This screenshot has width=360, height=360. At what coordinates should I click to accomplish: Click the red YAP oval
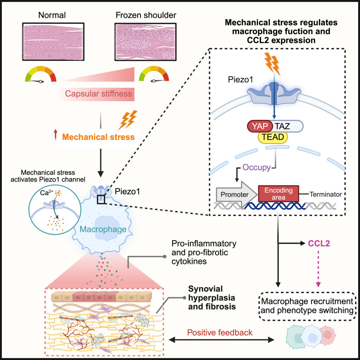coord(260,126)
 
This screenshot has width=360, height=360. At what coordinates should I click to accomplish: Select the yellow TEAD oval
coord(273,137)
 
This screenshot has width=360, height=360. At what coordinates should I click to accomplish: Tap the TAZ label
coord(282,126)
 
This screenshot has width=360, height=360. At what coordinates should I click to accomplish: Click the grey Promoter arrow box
coord(236,195)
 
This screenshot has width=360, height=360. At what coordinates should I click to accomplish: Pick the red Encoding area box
coord(279,194)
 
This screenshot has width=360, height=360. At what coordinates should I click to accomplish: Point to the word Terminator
coord(326,194)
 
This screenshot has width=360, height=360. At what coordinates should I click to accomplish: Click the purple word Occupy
coord(257,167)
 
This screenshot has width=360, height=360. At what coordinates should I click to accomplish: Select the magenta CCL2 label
coord(319,243)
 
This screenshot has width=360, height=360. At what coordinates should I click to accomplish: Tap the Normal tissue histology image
coord(53,42)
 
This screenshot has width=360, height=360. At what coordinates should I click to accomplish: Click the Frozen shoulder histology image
coord(145,42)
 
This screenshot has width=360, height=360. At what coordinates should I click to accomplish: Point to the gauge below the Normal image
coord(41,74)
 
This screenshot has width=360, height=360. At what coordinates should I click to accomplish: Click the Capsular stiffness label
coord(98,94)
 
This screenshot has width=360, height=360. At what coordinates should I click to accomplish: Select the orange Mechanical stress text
coord(98,137)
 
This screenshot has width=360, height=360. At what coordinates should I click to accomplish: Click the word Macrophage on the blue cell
coord(103,229)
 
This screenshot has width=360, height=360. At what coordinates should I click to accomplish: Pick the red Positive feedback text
coord(220,333)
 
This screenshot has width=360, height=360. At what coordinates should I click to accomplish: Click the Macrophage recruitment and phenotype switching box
coord(307,306)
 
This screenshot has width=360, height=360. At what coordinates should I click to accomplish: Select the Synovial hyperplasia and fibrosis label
coord(212,297)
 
